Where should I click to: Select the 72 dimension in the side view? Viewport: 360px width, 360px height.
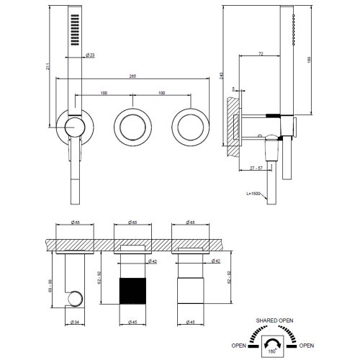[258, 54]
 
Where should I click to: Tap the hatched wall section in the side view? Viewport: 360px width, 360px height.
[230, 126]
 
